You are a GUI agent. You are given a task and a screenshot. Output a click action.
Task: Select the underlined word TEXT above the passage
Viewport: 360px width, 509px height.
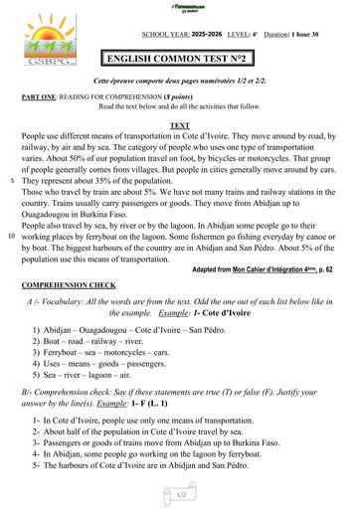coord(180,125)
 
